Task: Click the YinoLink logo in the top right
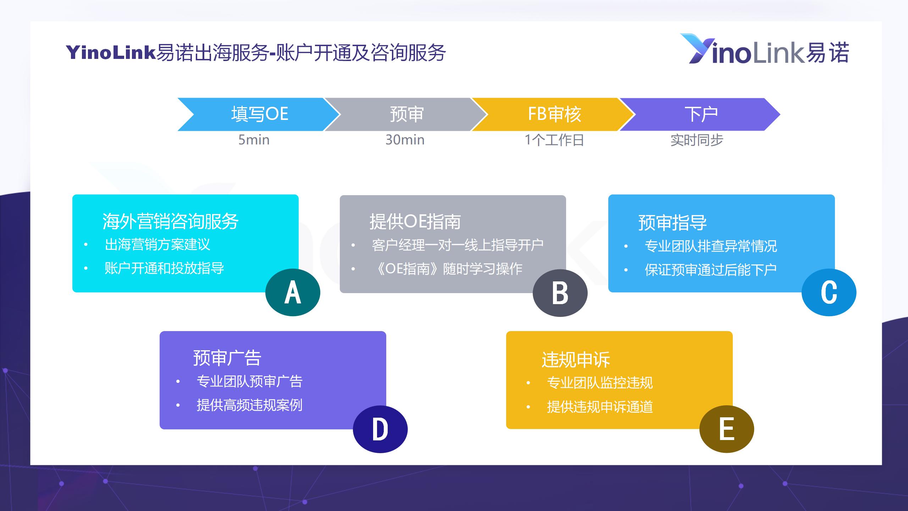point(764,50)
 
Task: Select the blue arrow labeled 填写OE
point(259,114)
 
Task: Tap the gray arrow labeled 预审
point(406,114)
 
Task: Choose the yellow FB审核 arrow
point(554,114)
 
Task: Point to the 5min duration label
point(254,140)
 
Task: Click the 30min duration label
point(405,140)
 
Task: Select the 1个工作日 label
point(554,140)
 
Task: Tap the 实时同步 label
point(697,140)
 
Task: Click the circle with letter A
point(293,292)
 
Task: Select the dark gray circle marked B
point(560,293)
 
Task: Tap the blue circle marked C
point(829,292)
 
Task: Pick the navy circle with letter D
point(380,429)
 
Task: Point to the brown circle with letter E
point(727,429)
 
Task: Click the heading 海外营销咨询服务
point(170,221)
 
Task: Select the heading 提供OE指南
point(415,221)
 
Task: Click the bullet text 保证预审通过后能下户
point(711,270)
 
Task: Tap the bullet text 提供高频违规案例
point(249,405)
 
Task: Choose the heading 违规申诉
point(576,359)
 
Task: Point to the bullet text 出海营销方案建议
point(157,244)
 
